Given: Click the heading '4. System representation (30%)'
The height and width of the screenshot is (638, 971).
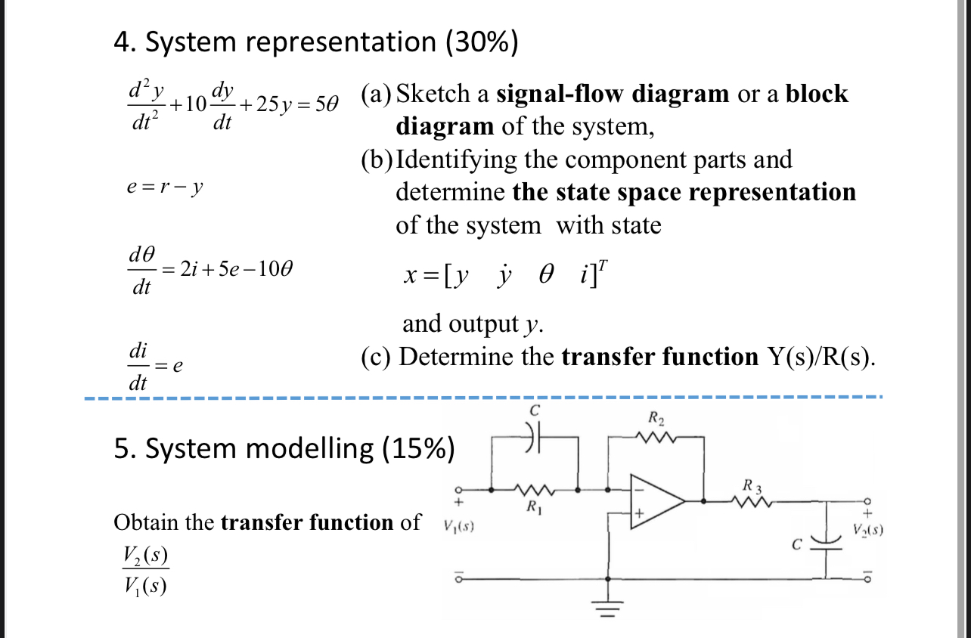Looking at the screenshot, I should (x=316, y=43).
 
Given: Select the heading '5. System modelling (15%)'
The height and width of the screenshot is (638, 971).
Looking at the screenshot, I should (x=284, y=448).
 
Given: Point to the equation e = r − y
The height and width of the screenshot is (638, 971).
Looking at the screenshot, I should (x=166, y=187).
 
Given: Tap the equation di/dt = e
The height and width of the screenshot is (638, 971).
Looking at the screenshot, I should (x=155, y=367).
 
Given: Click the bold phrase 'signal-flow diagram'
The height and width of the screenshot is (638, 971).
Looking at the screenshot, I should (x=612, y=94).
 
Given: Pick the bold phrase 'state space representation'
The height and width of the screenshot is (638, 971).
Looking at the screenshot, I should (x=684, y=192).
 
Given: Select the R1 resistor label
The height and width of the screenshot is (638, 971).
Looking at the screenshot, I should (x=534, y=506).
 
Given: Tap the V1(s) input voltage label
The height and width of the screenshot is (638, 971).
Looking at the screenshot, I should (x=458, y=525).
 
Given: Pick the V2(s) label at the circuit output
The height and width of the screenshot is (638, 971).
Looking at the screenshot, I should (x=867, y=531).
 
